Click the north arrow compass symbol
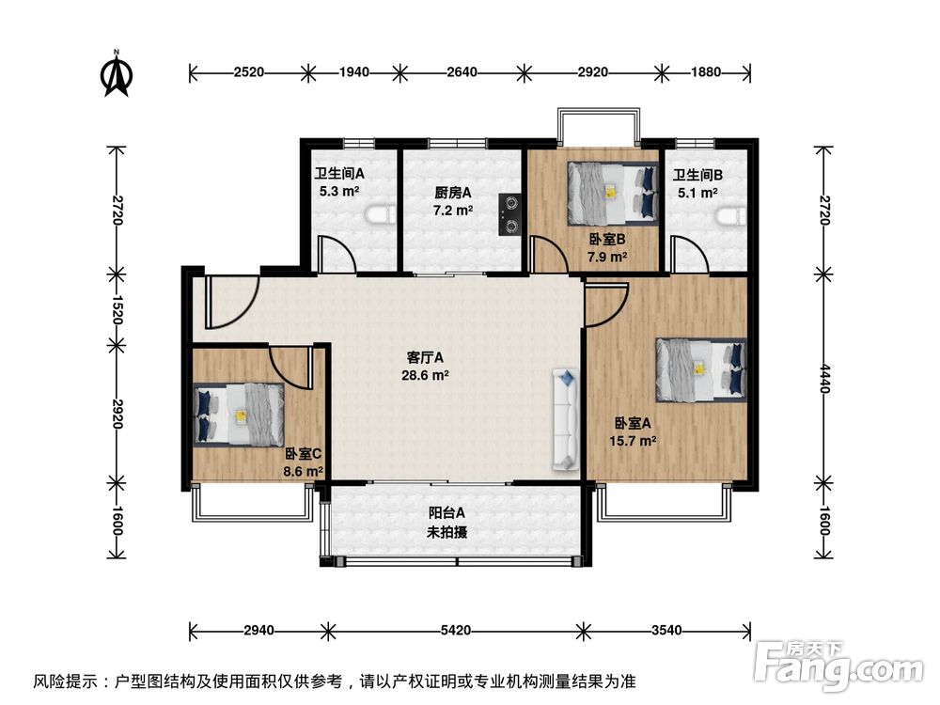coord(117,73)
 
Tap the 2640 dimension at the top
coord(462,72)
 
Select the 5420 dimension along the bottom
coord(456,630)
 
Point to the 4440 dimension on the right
coord(825,378)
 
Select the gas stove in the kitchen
coord(510,213)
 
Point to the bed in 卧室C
coord(239,415)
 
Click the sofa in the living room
coord(566,418)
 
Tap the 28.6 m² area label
coord(425,375)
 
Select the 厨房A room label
coord(453,193)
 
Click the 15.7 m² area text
coord(633,441)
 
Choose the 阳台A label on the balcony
coord(446,513)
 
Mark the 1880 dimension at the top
coord(706,72)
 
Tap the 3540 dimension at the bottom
coord(666,630)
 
